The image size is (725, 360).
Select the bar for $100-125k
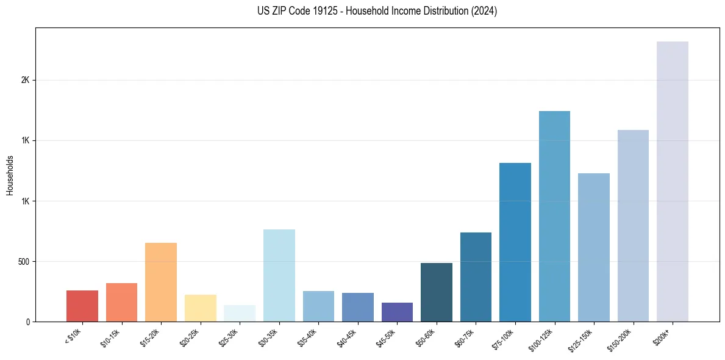[554, 216]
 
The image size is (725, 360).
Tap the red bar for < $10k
[82, 306]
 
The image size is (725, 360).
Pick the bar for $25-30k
[240, 313]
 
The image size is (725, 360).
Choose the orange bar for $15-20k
[161, 282]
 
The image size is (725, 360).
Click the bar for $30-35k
[279, 275]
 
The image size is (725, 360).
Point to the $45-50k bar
[397, 312]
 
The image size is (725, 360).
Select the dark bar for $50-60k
[437, 292]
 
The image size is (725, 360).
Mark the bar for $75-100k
[515, 242]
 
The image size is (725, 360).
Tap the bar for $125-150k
[594, 247]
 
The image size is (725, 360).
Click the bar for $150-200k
[633, 225]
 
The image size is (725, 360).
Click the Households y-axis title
[10, 175]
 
